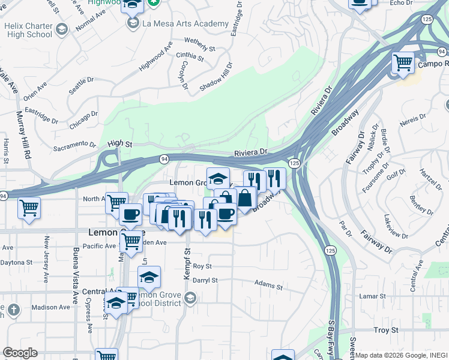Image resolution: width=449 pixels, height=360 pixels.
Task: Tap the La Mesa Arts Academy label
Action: [x=185, y=24]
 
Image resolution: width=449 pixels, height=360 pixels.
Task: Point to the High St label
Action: [x=119, y=143]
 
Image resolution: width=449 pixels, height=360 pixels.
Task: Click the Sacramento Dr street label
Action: [x=74, y=145]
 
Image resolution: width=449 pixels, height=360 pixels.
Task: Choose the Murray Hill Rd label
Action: [x=23, y=134]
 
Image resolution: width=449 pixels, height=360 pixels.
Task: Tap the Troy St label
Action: [x=386, y=330]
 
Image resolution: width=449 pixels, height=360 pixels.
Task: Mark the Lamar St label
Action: [x=372, y=296]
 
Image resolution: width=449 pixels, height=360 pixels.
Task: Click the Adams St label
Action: [x=268, y=284]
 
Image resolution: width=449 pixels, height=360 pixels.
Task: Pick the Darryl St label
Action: [x=205, y=280]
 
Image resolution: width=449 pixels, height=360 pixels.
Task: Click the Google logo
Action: [x=20, y=353]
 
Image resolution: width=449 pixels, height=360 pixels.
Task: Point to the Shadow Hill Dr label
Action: [x=215, y=77]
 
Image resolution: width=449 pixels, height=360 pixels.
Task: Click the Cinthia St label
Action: [x=190, y=56]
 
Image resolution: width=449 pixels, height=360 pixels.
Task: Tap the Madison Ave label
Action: [x=51, y=307]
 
